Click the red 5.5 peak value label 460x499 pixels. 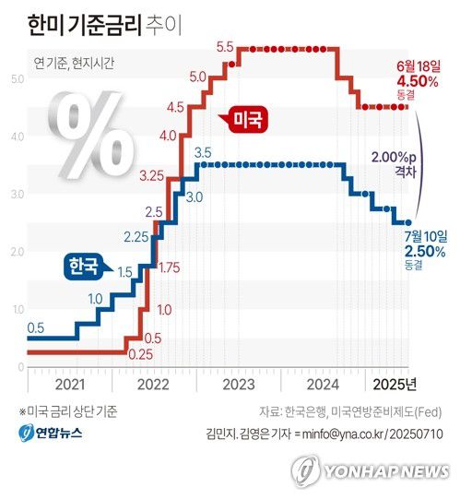pyautogui.click(x=224, y=46)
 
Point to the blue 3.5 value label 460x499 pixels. pyautogui.click(x=204, y=152)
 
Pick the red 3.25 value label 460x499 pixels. pyautogui.click(x=152, y=174)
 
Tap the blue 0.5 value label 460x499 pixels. pyautogui.click(x=36, y=327)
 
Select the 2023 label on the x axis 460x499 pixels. pyautogui.click(x=238, y=384)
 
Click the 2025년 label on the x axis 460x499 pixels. pyautogui.click(x=396, y=384)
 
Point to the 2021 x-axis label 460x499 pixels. pyautogui.click(x=71, y=384)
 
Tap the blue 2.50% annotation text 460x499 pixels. pyautogui.click(x=425, y=250)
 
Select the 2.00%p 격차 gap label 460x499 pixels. pyautogui.click(x=394, y=163)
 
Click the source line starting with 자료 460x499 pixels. pyautogui.click(x=347, y=410)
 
